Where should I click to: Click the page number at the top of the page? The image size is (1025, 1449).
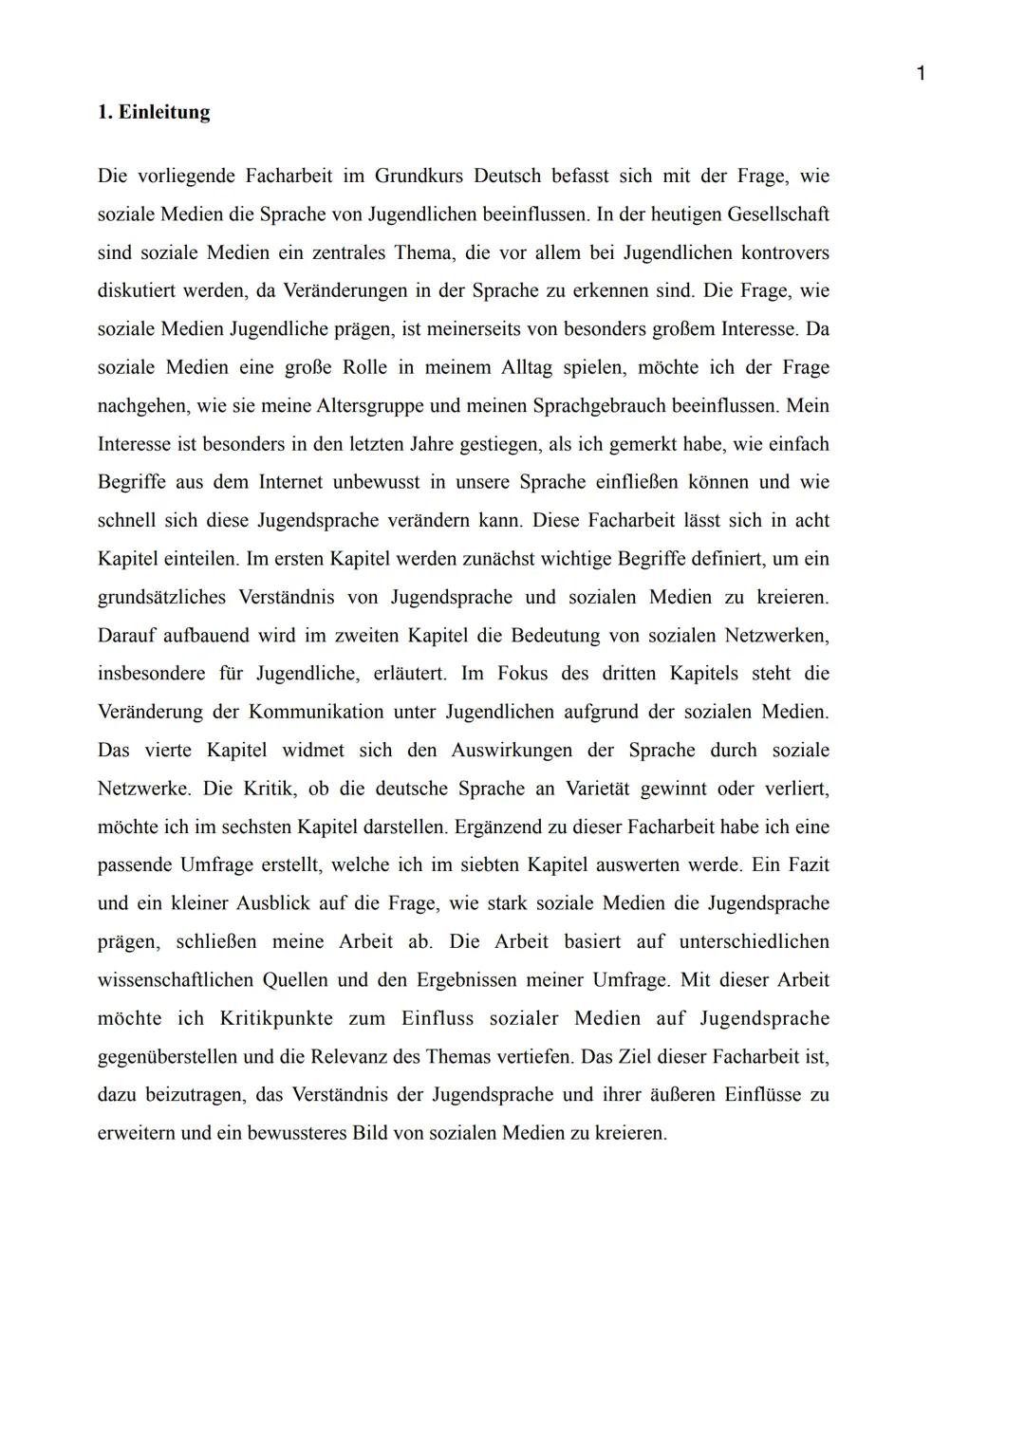click(920, 73)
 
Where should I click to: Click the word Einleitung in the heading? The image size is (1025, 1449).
click(163, 112)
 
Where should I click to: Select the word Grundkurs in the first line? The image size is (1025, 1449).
click(419, 176)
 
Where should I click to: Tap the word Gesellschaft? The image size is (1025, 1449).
click(778, 214)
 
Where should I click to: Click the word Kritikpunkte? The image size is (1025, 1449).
click(276, 1018)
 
